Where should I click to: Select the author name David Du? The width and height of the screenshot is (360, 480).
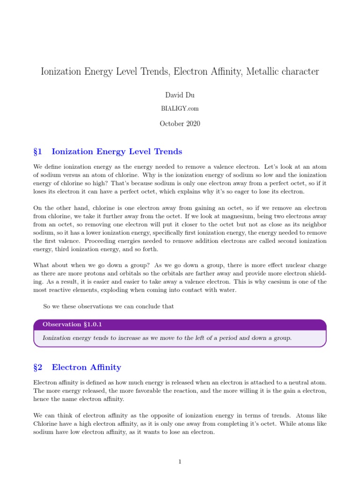tap(180, 95)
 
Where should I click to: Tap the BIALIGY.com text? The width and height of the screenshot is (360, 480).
tap(180, 108)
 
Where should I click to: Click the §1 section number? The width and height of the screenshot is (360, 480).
tap(38, 151)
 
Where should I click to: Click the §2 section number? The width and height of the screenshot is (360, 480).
tap(38, 367)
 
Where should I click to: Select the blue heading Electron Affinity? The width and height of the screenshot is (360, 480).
tap(86, 367)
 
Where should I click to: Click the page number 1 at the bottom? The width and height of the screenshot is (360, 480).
tap(180, 462)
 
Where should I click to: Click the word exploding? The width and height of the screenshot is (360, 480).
tap(121, 290)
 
